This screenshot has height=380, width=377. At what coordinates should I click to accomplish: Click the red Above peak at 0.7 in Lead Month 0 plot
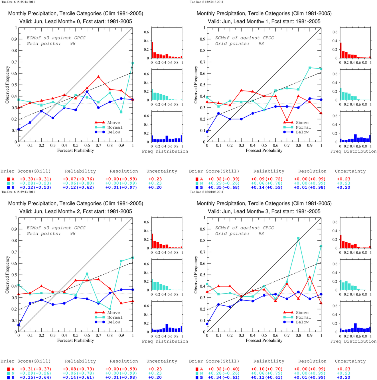[98, 77]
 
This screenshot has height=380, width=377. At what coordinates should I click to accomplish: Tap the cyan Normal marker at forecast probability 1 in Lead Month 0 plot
[133, 63]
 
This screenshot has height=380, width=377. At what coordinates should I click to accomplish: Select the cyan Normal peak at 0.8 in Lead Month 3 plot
[298, 238]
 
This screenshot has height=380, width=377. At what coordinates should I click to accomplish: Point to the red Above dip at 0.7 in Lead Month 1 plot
[287, 120]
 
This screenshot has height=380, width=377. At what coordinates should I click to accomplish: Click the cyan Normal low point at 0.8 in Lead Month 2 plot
[110, 309]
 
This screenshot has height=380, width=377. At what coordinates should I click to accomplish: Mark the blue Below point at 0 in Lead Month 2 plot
[19, 325]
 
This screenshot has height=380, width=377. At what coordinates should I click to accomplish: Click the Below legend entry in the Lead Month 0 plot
[108, 132]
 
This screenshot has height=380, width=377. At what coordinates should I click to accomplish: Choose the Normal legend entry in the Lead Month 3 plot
[297, 317]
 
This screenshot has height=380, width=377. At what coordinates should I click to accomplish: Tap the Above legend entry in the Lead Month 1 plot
[296, 123]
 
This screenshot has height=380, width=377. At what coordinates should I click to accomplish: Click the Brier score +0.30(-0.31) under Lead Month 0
[35, 179]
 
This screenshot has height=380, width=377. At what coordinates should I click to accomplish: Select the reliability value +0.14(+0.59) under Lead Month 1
[267, 187]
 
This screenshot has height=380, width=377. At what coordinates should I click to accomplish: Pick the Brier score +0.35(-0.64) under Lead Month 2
[35, 377]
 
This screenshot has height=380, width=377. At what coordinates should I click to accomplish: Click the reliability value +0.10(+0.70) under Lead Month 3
[267, 369]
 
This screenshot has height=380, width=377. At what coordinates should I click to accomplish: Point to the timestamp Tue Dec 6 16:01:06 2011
[206, 192]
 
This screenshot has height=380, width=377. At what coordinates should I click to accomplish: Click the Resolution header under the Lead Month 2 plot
[124, 361]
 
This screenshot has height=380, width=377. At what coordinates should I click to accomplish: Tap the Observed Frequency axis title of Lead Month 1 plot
[196, 85]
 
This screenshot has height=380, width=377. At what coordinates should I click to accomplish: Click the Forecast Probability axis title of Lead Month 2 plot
[76, 341]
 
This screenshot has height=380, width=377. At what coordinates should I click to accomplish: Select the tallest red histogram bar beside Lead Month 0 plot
[152, 50]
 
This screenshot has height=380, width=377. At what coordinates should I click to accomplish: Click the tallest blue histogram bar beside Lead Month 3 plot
[355, 327]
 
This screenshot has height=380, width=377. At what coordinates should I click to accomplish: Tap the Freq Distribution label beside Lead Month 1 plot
[353, 151]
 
